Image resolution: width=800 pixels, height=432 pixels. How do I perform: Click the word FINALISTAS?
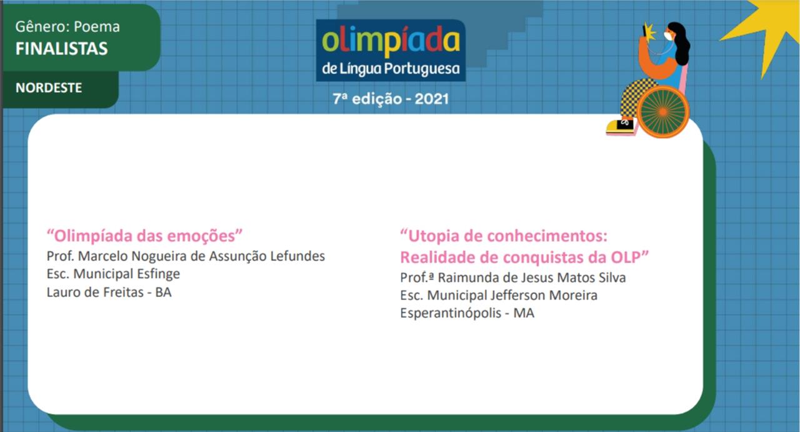(x=61, y=49)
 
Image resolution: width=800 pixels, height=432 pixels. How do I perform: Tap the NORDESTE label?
(x=49, y=88)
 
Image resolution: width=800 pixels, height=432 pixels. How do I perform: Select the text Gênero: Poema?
(x=67, y=27)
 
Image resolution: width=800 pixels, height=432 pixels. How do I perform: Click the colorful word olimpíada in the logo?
(x=391, y=42)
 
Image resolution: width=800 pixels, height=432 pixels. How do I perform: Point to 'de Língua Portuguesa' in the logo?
(x=391, y=69)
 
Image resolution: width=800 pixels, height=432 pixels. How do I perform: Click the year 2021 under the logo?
(x=431, y=99)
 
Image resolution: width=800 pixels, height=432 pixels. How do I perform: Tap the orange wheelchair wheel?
(x=663, y=112)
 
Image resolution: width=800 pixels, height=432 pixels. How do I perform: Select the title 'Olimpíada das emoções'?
(x=144, y=236)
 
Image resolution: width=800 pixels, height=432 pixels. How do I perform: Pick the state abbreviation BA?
(x=164, y=293)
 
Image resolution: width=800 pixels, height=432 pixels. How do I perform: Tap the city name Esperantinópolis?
(x=451, y=313)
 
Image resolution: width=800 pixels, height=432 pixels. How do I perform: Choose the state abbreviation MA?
(x=524, y=313)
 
